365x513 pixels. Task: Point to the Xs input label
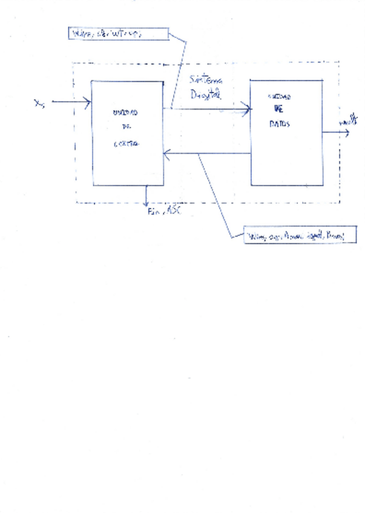[39, 103]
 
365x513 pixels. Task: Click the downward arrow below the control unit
[146, 195]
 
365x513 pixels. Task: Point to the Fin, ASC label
[164, 211]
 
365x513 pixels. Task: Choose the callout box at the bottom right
[299, 235]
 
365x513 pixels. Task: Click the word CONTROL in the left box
[126, 143]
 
